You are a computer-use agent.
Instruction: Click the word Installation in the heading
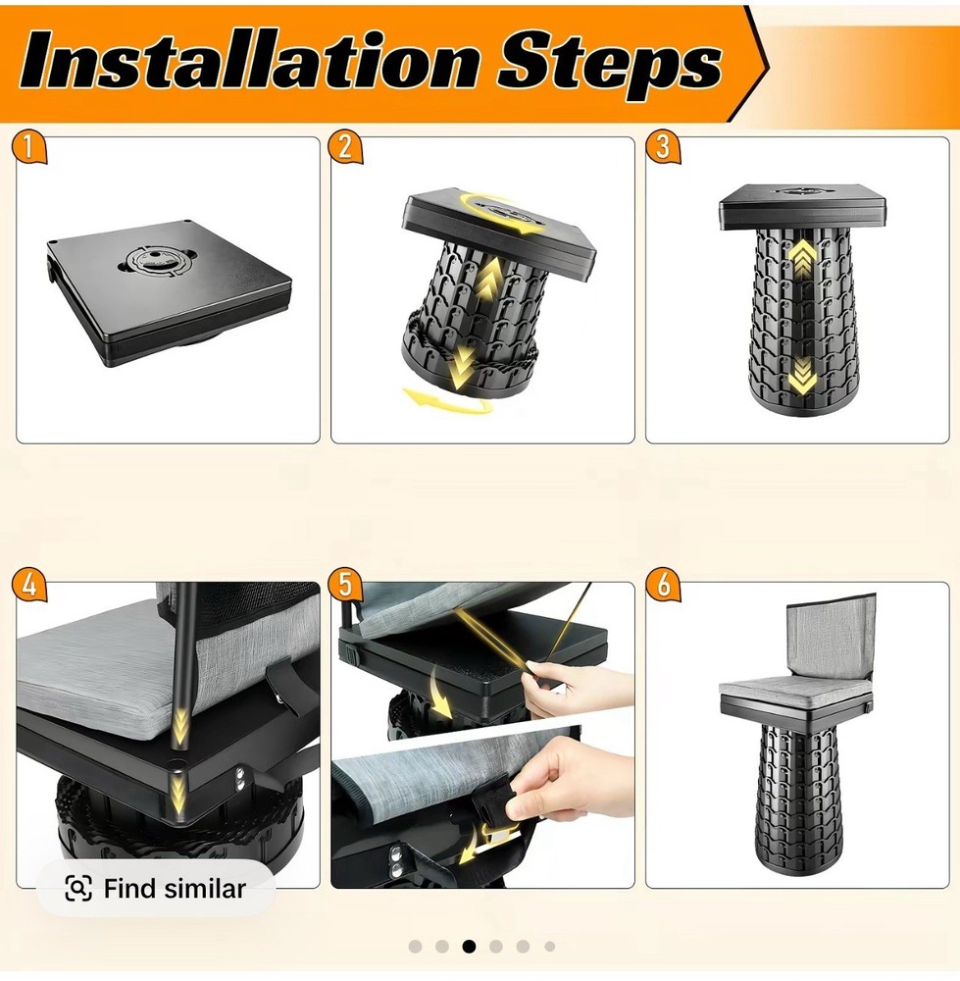pos(251,61)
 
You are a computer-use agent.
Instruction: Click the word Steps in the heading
pos(610,65)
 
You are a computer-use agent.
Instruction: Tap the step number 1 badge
pos(28,148)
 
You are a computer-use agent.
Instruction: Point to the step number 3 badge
pos(663,148)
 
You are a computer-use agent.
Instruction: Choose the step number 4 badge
pos(28,587)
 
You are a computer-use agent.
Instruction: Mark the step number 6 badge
pos(663,587)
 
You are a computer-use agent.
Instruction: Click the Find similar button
pos(155,888)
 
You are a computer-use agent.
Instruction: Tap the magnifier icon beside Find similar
pos(78,889)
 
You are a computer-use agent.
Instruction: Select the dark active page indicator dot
pos(469,947)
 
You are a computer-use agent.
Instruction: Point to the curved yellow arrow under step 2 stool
pos(448,401)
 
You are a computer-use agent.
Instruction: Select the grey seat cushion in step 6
pos(793,690)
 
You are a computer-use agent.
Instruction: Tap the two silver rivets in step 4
pos(239,778)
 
